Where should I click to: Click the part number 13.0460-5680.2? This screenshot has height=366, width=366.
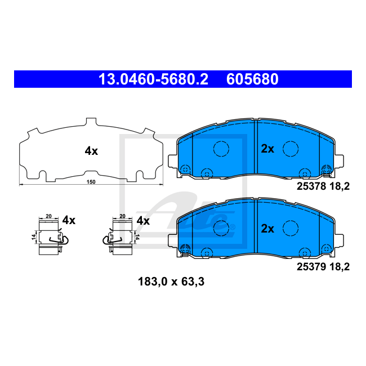pyautogui.click(x=153, y=79)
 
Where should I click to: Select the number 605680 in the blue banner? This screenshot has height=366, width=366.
pyautogui.click(x=252, y=79)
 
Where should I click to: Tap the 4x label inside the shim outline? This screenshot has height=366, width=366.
pyautogui.click(x=91, y=151)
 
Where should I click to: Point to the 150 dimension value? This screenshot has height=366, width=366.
pyautogui.click(x=91, y=182)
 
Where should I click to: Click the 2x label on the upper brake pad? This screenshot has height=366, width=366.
pyautogui.click(x=267, y=149)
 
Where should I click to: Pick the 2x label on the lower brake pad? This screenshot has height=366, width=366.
pyautogui.click(x=267, y=229)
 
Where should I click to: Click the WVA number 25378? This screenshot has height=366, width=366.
pyautogui.click(x=311, y=186)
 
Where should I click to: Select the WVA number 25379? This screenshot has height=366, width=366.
pyautogui.click(x=311, y=266)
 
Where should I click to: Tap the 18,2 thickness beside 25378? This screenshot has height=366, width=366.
pyautogui.click(x=340, y=186)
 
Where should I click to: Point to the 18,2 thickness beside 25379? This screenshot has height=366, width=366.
pyautogui.click(x=340, y=267)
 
